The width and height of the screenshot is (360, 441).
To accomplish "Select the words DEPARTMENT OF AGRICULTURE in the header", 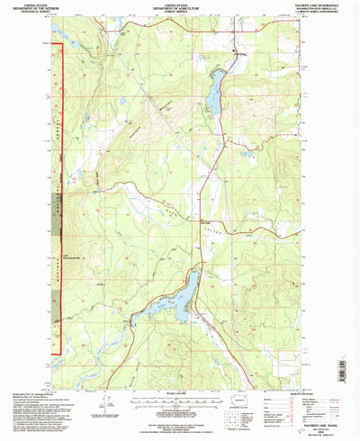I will [179, 8].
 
